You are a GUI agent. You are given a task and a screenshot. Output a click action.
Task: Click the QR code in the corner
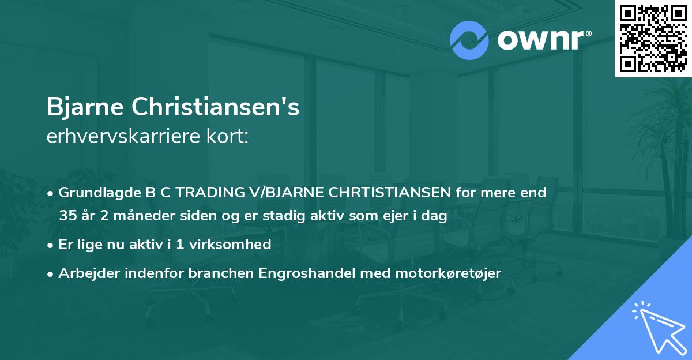(653, 38)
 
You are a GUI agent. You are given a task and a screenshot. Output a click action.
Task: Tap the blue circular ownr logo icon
(470, 41)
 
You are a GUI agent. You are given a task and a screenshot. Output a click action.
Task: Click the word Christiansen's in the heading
(215, 108)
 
